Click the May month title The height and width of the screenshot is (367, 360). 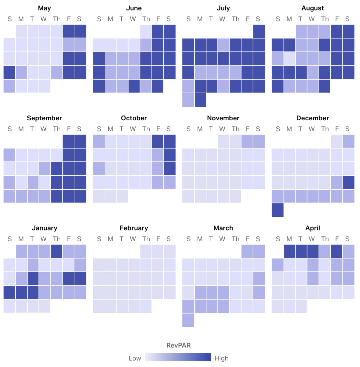[x=44, y=8]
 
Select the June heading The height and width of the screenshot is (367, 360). [x=134, y=8]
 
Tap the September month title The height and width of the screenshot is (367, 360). [x=44, y=118]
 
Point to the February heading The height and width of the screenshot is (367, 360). [x=134, y=228]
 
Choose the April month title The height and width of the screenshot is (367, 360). [x=313, y=228]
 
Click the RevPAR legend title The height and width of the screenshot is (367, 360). [x=178, y=345]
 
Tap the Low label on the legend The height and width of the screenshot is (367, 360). [x=135, y=358]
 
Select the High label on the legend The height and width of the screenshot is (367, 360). [x=221, y=358]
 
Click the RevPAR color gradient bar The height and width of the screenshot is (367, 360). [x=178, y=357]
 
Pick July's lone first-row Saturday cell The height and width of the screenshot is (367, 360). [x=259, y=31]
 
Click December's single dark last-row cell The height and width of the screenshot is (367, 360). [x=277, y=210]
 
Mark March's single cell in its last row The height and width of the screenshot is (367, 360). [x=188, y=320]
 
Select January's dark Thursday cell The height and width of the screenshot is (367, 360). [x=57, y=251]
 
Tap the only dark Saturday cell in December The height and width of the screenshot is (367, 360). [x=348, y=182]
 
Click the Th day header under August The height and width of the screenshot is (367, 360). [x=325, y=19]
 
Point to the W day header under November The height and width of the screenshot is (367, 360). [x=222, y=129]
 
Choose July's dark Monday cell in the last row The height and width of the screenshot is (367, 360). [x=200, y=100]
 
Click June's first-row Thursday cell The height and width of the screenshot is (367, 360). [x=146, y=31]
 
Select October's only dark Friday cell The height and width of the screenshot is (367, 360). [x=158, y=141]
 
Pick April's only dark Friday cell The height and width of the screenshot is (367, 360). [x=337, y=251]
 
